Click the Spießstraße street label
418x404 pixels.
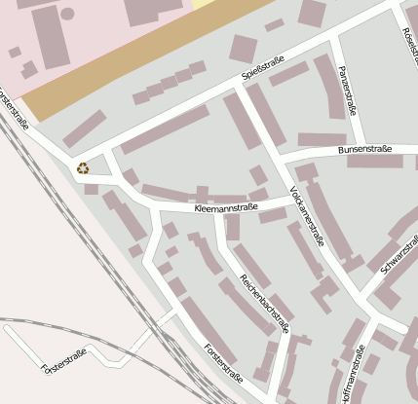click(x=263, y=69)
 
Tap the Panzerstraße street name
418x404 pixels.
click(x=345, y=89)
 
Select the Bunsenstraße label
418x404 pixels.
click(x=363, y=149)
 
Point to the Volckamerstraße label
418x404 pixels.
click(x=307, y=215)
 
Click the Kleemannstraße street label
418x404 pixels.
click(x=225, y=207)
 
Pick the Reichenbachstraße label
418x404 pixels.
click(x=265, y=303)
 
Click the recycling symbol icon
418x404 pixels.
click(x=83, y=167)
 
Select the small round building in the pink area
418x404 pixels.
click(x=67, y=14)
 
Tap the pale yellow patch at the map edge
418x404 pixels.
click(x=206, y=4)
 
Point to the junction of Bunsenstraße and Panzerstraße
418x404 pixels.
click(x=362, y=149)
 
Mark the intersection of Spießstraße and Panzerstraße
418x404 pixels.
click(x=332, y=37)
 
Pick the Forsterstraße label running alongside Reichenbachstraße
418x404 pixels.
click(x=222, y=361)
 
